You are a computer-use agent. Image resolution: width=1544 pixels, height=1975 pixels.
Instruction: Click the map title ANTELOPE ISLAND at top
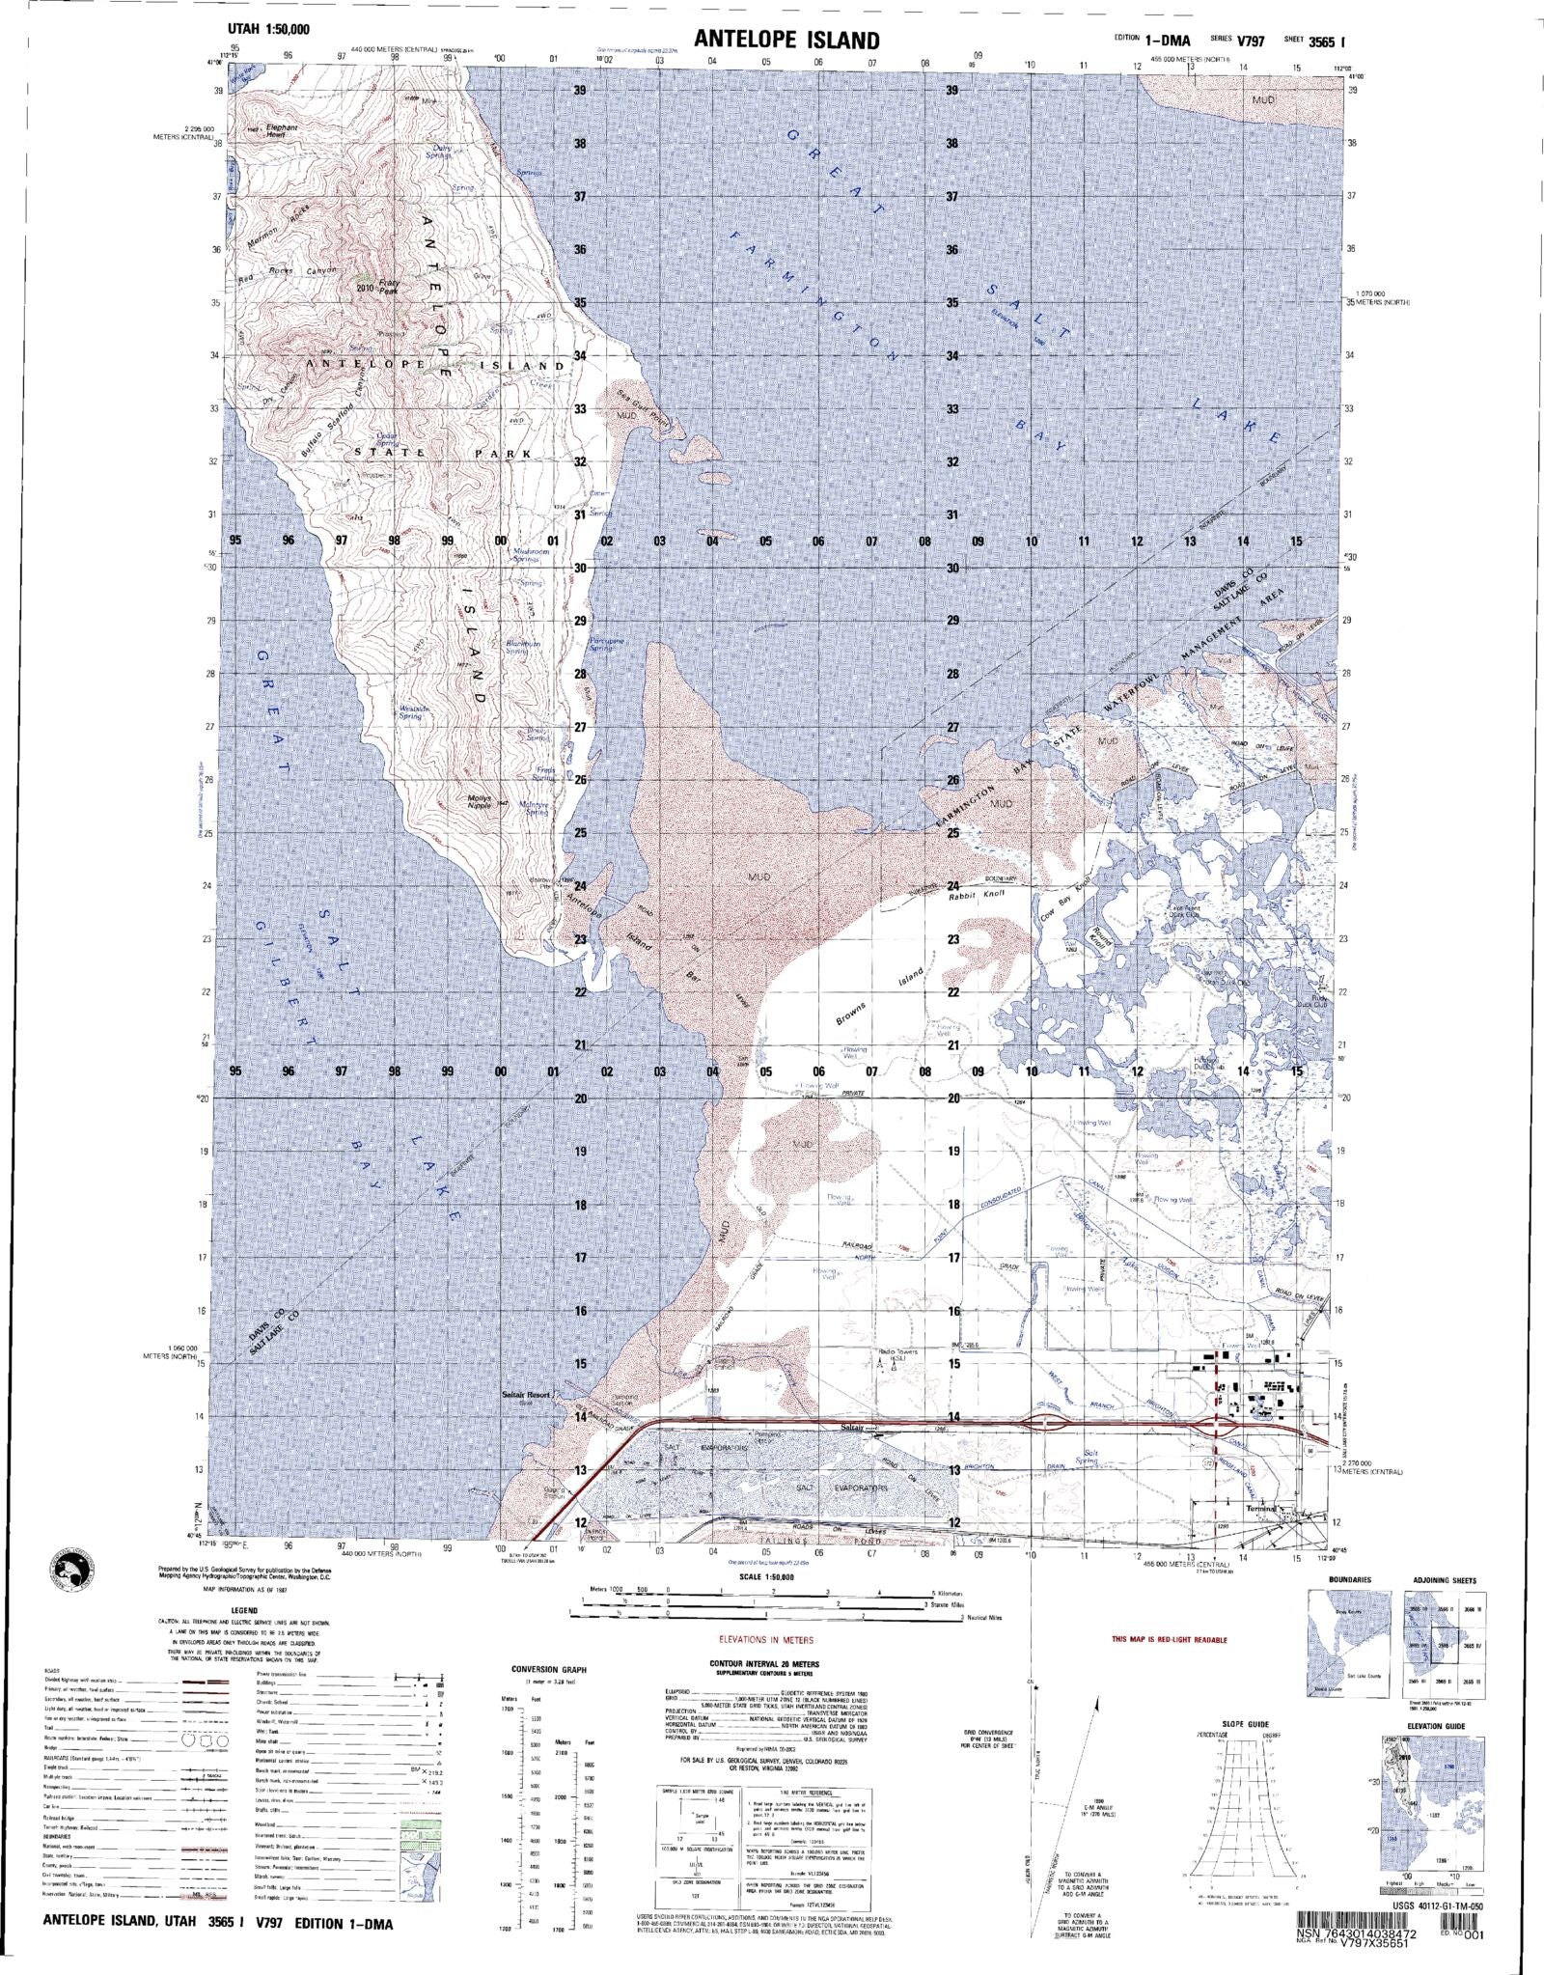tap(786, 40)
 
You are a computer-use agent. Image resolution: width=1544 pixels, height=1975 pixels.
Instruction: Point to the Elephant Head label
tap(282, 130)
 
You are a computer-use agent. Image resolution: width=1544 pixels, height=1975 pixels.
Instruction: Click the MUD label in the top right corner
tap(1290, 99)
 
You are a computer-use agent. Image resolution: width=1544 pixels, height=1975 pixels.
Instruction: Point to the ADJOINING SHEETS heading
tap(1444, 1580)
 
